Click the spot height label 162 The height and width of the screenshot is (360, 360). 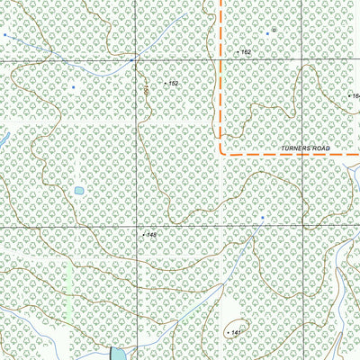pyautogui.click(x=246, y=53)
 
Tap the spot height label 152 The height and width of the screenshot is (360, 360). pyautogui.click(x=174, y=83)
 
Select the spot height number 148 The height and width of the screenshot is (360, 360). pyautogui.click(x=150, y=235)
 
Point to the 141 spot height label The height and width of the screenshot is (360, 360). pyautogui.click(x=237, y=333)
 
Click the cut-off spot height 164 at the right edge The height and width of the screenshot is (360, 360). pyautogui.click(x=355, y=95)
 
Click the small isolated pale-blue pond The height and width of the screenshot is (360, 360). pyautogui.click(x=79, y=192)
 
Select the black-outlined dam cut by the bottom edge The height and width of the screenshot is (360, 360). pyautogui.click(x=117, y=353)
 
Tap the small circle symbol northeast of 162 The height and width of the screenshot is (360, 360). pyautogui.click(x=274, y=30)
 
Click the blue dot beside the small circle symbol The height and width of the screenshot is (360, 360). pyautogui.click(x=268, y=30)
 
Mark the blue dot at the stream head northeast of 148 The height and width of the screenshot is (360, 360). pyautogui.click(x=263, y=217)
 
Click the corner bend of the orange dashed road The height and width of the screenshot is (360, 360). pyautogui.click(x=220, y=154)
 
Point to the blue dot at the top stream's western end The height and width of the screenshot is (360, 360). pyautogui.click(x=4, y=34)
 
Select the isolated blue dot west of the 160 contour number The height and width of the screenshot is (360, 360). pyautogui.click(x=74, y=87)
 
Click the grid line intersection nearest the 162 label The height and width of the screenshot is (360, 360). pyautogui.click(x=220, y=59)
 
